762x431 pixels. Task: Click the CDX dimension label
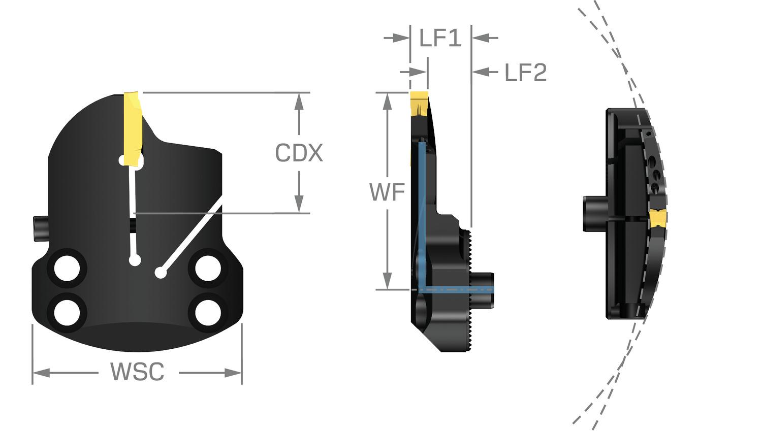pyautogui.click(x=299, y=153)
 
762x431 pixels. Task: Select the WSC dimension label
pyautogui.click(x=138, y=372)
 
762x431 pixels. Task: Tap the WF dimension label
pyautogui.click(x=387, y=192)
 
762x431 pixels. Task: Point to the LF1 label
pyautogui.click(x=440, y=38)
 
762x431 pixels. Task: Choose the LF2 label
pyautogui.click(x=525, y=73)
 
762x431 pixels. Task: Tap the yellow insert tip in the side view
pyautogui.click(x=420, y=102)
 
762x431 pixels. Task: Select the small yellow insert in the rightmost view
pyautogui.click(x=658, y=219)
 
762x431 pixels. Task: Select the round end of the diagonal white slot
pyautogui.click(x=161, y=273)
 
